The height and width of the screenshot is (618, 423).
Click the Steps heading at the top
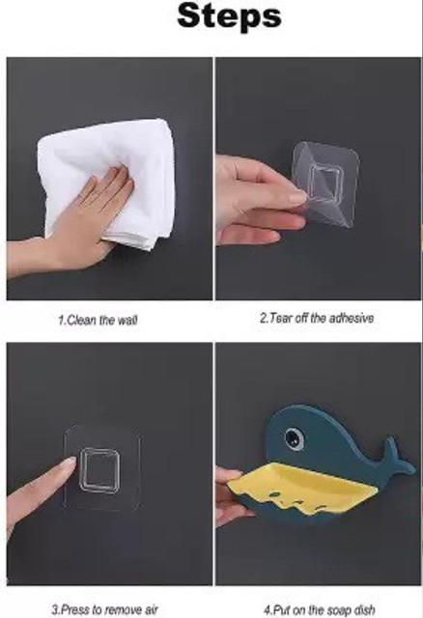coord(229,15)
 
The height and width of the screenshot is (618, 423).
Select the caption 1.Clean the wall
coord(98,320)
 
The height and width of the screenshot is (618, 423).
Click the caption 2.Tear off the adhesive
coord(316,318)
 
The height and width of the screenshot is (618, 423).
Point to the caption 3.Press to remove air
coord(104,609)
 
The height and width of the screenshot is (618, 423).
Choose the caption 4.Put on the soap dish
coord(320,609)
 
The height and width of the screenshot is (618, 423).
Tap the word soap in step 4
coord(340,610)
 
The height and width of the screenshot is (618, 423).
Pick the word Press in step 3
coord(76,609)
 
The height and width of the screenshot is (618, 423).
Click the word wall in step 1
coord(127,320)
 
